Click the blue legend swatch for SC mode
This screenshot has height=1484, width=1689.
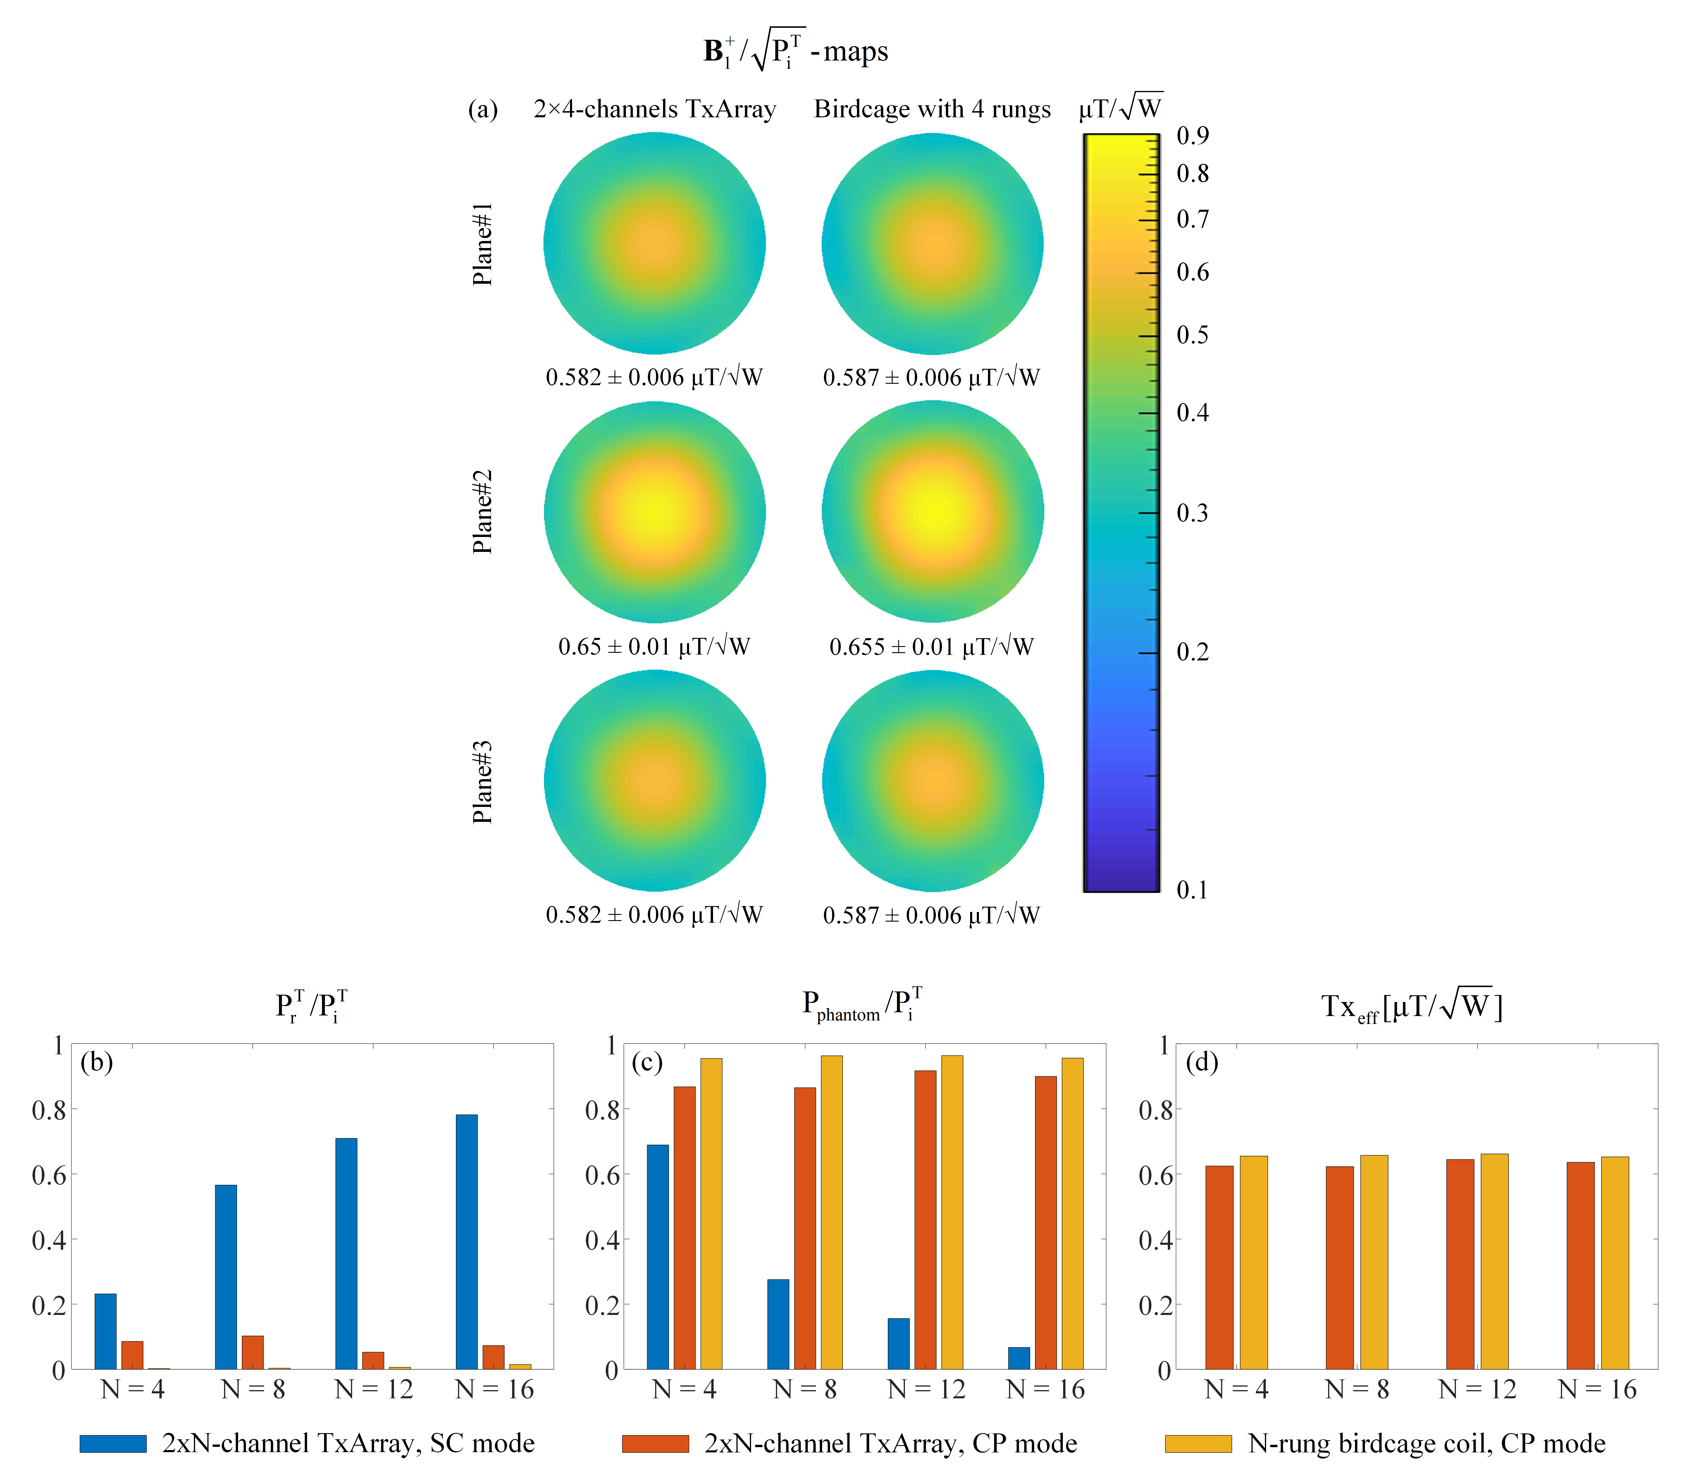click(113, 1444)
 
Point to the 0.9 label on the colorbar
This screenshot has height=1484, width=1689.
click(1192, 135)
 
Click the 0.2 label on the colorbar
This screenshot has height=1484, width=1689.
click(1192, 653)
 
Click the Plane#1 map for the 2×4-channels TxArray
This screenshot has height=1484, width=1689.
click(655, 244)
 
